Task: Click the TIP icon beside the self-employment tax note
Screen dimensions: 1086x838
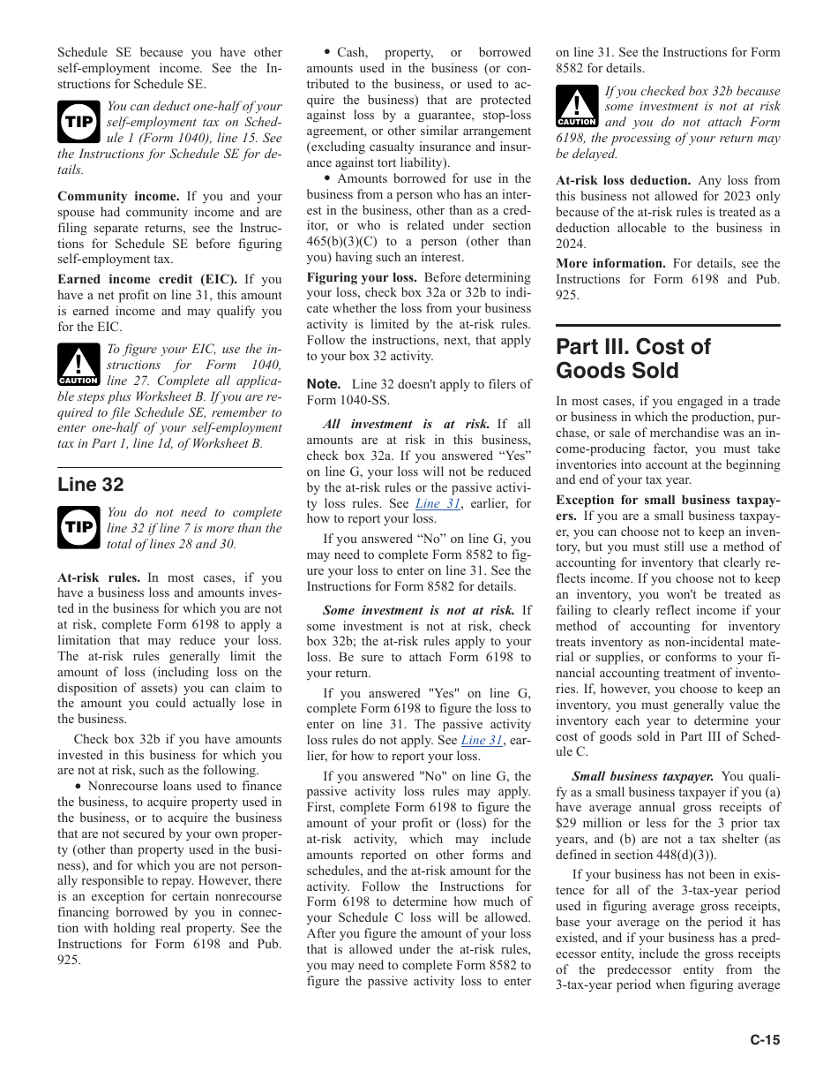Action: tap(78, 122)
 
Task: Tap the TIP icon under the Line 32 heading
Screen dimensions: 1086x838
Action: tap(78, 528)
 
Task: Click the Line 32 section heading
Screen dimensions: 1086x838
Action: tap(91, 484)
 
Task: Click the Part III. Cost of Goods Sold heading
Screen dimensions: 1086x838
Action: tap(632, 358)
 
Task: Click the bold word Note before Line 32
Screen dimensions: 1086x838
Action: tap(324, 384)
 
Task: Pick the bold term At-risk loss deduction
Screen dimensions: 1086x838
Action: tap(623, 180)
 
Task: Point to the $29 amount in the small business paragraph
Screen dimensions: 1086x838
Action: tap(566, 823)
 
